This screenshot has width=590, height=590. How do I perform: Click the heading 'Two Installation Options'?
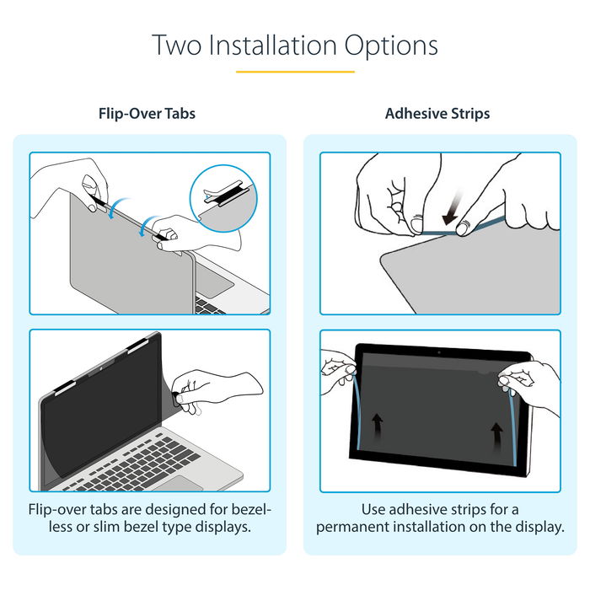click(295, 45)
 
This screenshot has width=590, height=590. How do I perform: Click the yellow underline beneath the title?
click(295, 72)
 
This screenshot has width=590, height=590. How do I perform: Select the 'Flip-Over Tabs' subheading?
click(148, 113)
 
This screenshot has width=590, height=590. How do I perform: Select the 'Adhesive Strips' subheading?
click(437, 113)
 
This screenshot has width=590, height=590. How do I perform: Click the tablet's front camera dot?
click(439, 351)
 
